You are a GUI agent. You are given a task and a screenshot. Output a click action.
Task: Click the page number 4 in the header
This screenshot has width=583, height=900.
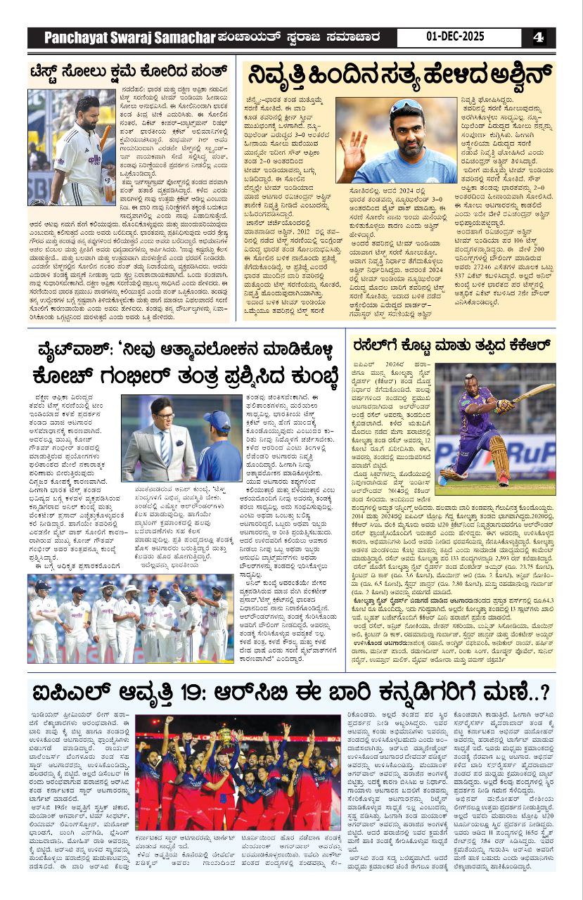point(538,37)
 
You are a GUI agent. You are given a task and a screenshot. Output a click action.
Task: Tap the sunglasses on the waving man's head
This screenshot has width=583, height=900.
point(406,107)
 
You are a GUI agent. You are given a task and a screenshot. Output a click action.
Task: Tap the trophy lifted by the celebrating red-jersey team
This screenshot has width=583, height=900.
point(226,736)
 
